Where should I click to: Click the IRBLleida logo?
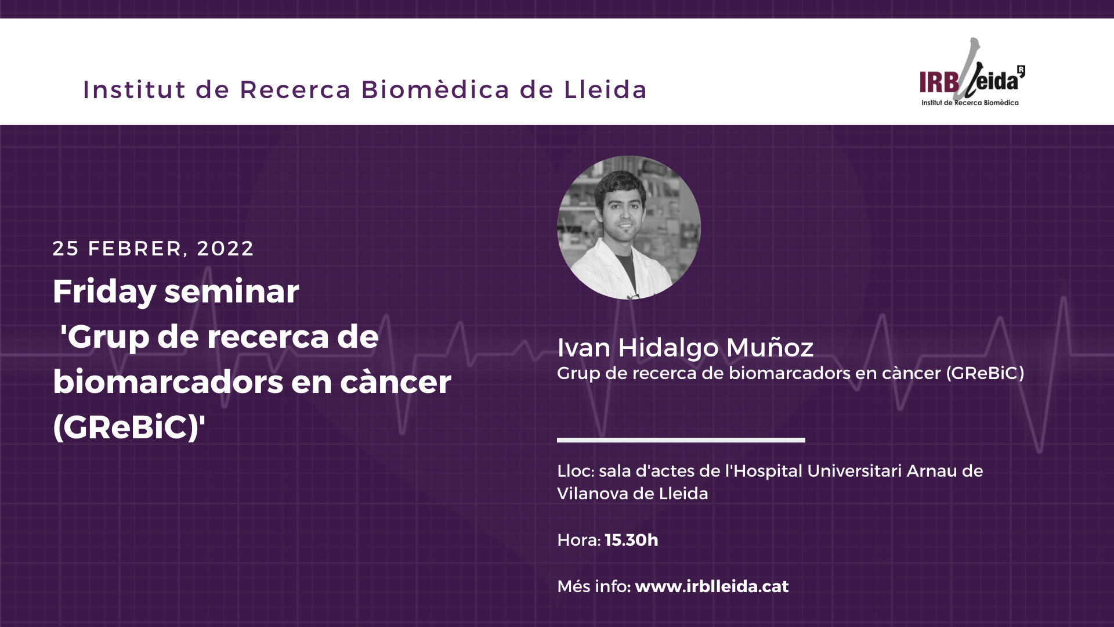point(972,73)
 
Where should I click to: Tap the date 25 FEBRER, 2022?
point(153,248)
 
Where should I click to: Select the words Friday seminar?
point(176,291)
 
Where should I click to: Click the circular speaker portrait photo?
point(629,228)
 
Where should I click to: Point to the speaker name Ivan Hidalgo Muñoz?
point(685,347)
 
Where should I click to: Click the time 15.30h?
point(631,540)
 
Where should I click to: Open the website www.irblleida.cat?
point(712,586)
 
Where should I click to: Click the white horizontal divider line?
point(681,440)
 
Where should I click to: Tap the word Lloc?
point(574,471)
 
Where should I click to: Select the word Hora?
point(577,540)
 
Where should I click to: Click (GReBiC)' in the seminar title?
point(129,427)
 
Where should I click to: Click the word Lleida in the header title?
point(605,89)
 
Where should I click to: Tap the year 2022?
point(225,248)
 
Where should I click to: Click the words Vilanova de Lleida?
point(632,493)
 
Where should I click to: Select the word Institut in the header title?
point(135,89)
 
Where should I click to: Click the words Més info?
point(592,586)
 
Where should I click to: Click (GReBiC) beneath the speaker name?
point(985,373)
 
